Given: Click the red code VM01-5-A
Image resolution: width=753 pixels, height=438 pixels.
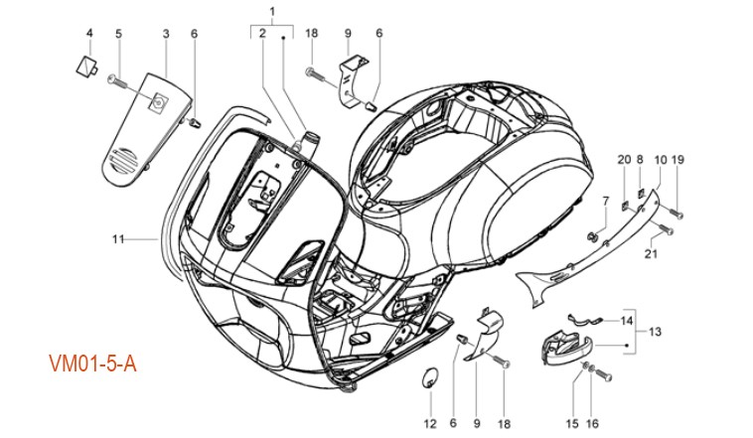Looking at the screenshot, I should [x=92, y=365].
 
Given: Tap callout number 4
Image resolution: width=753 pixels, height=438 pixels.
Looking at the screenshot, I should [x=88, y=34].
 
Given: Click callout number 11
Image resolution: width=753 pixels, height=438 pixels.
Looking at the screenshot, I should [x=117, y=238].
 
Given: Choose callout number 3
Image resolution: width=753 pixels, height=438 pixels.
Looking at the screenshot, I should [x=165, y=34].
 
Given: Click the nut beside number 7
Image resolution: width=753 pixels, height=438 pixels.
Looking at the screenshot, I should [x=592, y=235].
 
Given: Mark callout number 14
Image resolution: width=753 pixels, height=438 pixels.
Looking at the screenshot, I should [x=627, y=321].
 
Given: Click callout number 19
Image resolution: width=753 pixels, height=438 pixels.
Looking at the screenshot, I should [x=678, y=161].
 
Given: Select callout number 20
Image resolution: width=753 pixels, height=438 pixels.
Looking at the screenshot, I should [x=623, y=161].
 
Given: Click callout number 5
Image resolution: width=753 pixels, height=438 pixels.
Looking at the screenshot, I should [x=118, y=34].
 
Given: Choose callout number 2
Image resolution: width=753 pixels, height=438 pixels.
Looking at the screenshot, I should [x=261, y=34].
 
